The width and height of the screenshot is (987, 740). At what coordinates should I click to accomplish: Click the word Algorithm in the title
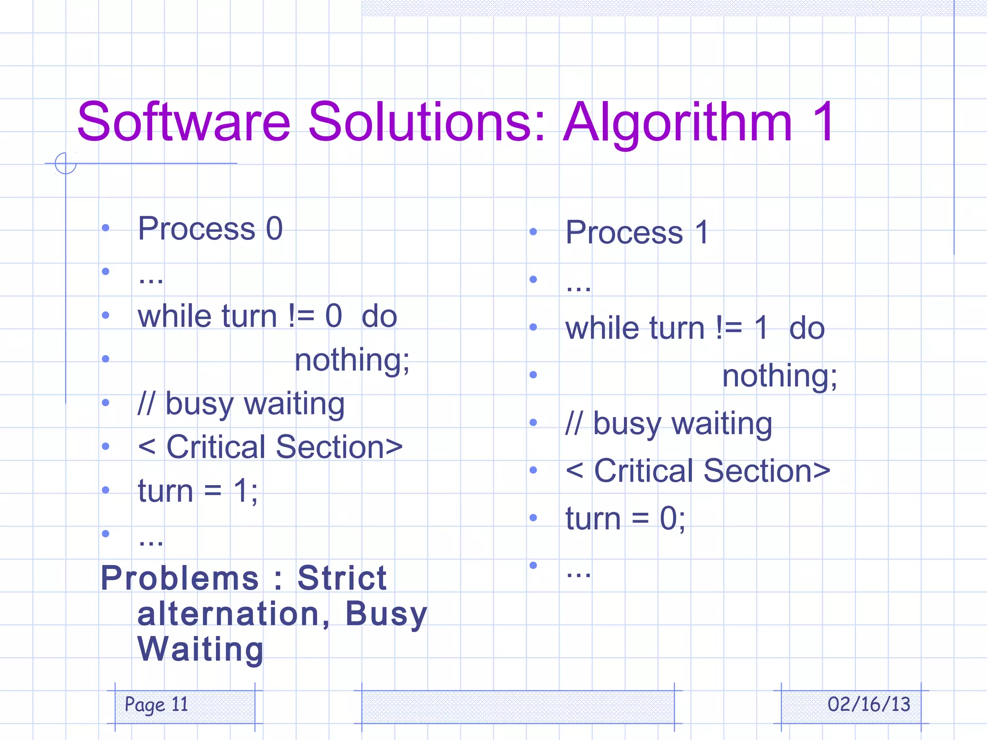click(677, 123)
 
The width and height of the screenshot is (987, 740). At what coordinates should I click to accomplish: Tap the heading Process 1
click(637, 232)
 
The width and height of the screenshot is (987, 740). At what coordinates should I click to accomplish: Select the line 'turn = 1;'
click(198, 491)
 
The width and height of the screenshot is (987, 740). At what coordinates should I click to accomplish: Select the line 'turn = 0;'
click(625, 519)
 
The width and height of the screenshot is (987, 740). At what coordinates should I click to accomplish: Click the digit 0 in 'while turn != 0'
click(333, 317)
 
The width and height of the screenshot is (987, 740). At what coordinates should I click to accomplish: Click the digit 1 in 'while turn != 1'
click(761, 328)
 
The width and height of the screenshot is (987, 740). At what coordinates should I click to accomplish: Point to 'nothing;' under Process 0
click(352, 360)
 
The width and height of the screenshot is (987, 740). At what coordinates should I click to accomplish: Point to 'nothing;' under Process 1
click(779, 376)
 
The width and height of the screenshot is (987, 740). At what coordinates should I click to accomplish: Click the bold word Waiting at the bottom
click(200, 649)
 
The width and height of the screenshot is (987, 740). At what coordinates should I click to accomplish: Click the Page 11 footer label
click(156, 704)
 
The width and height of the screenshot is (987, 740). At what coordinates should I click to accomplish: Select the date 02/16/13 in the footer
click(868, 704)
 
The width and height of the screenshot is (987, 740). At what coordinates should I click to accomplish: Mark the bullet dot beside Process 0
click(106, 227)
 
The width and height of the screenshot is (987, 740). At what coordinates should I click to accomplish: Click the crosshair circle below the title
click(66, 163)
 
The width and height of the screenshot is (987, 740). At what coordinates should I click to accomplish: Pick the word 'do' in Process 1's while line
click(807, 328)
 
